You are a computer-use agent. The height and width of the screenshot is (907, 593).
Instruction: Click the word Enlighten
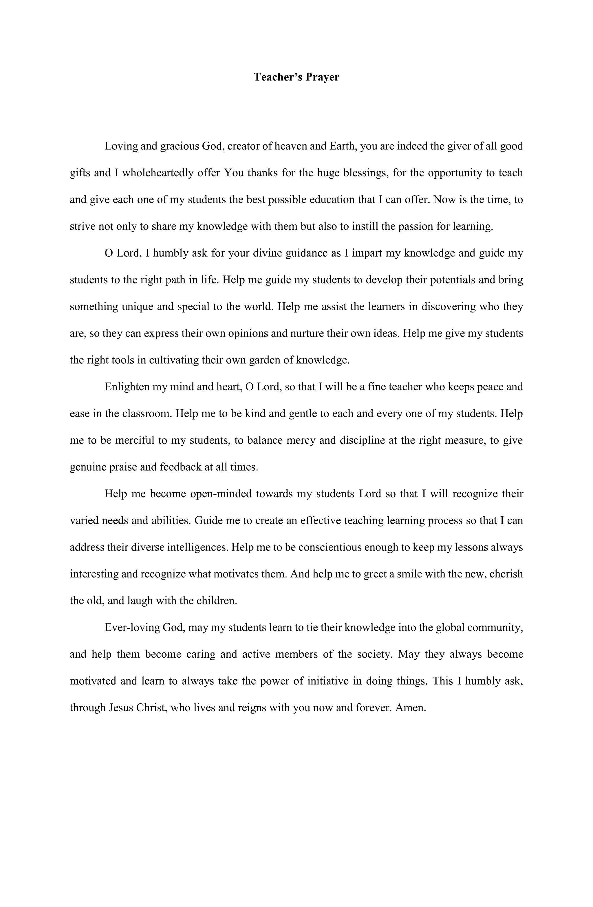click(x=127, y=387)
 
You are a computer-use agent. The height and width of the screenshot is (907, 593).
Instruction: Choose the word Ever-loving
click(x=132, y=628)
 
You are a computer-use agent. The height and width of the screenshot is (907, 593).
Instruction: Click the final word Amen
click(x=411, y=708)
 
